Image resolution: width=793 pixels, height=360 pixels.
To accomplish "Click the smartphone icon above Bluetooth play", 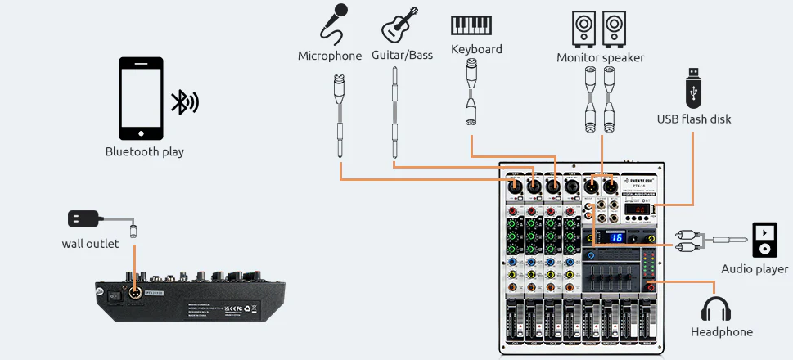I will coord(142,98).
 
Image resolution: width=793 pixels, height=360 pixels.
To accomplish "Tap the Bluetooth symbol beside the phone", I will coord(184,101).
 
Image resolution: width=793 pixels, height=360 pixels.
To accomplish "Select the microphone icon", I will coord(332,23).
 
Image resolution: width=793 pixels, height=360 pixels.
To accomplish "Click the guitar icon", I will coord(401,25).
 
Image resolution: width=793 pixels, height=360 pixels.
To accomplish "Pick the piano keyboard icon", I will coord(471,25).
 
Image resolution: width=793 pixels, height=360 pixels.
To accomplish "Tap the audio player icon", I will coord(764,239).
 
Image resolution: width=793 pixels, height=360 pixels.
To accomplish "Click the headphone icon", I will coord(716,308).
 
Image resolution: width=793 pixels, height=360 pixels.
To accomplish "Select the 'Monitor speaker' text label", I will coord(600,57).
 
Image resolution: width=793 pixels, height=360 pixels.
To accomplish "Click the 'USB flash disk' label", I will coord(694,119).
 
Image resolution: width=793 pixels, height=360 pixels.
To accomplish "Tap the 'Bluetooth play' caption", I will coord(145,151).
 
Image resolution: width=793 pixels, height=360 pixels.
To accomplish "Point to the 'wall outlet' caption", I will coord(90,243).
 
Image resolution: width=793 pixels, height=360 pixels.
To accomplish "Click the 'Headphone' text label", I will coord(721,331).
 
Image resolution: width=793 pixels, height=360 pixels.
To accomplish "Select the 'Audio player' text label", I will coord(755,268).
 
